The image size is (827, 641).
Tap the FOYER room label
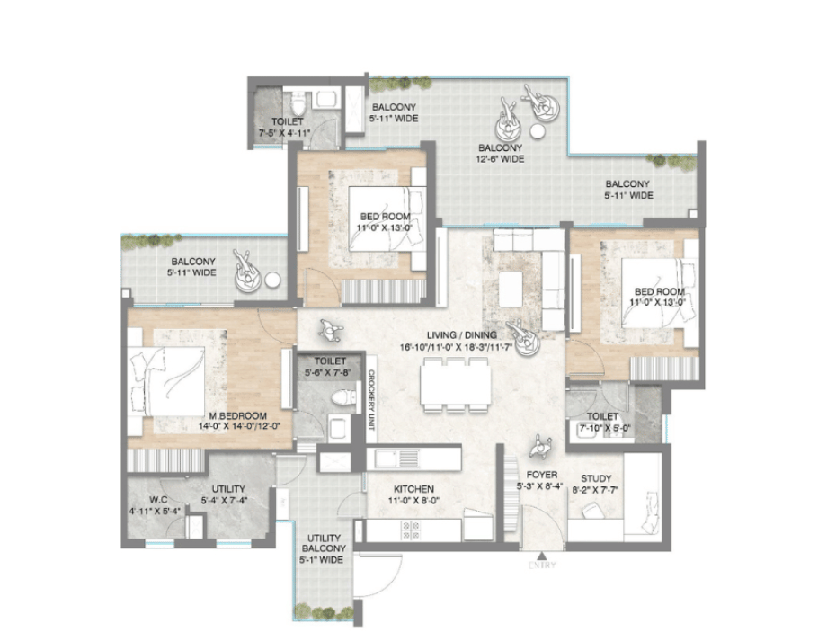[543, 474]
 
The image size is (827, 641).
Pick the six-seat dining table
[455, 385]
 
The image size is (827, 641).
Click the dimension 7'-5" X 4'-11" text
[288, 132]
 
